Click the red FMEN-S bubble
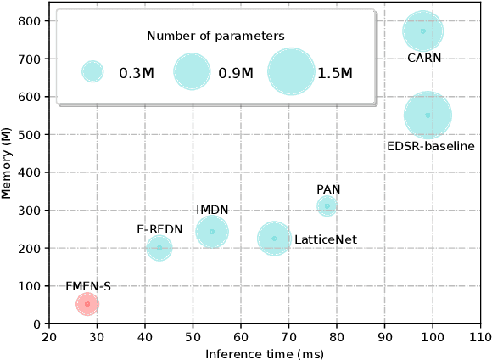click(x=87, y=303)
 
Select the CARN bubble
click(x=422, y=31)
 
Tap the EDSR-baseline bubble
click(x=428, y=115)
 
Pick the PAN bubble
click(x=327, y=205)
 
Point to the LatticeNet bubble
click(x=274, y=239)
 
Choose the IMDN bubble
click(x=212, y=232)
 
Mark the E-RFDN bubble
click(x=159, y=247)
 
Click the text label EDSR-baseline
click(x=430, y=147)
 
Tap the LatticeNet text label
click(x=325, y=240)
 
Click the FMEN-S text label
click(x=88, y=286)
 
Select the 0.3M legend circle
click(x=92, y=72)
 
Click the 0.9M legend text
click(x=236, y=73)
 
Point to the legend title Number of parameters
click(x=215, y=36)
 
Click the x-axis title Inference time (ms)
click(x=265, y=352)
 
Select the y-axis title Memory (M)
click(x=8, y=162)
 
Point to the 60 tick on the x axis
click(x=241, y=337)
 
